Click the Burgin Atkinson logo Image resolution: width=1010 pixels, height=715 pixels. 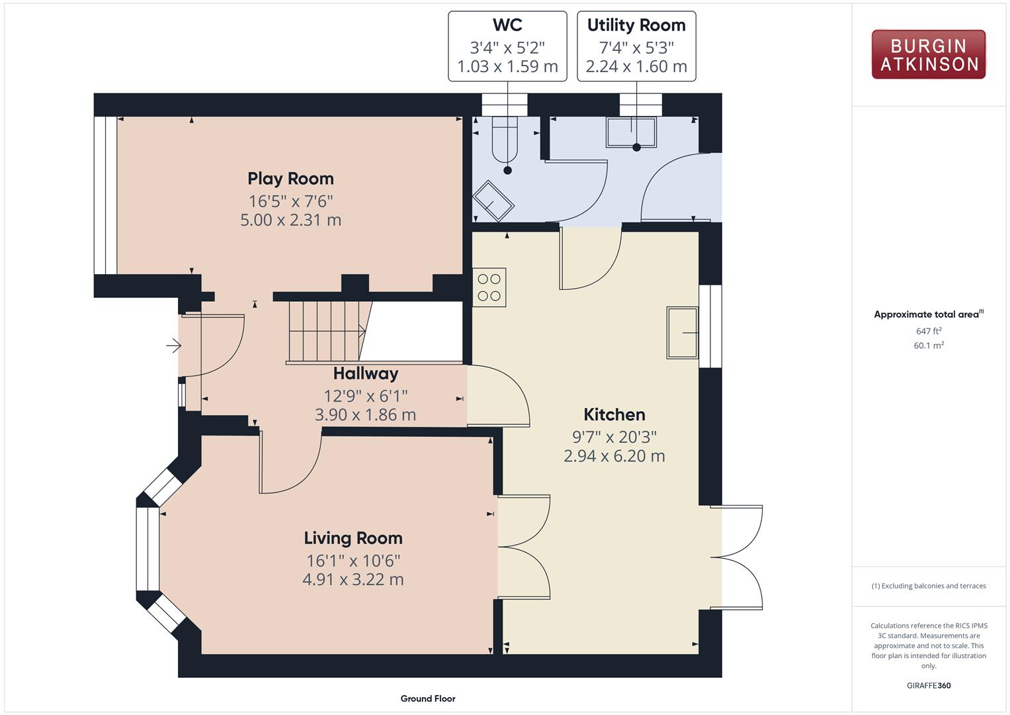click(928, 55)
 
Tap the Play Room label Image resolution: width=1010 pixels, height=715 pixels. click(290, 179)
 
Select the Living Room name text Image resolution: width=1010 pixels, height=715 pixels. click(353, 538)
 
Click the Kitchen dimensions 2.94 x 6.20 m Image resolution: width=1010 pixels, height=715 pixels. click(614, 456)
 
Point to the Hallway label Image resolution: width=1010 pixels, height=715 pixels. click(365, 373)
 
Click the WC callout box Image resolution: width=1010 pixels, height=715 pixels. click(507, 46)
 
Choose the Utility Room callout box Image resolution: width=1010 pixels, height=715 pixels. click(636, 46)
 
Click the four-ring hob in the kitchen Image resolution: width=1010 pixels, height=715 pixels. click(489, 287)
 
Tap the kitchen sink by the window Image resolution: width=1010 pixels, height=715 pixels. click(682, 333)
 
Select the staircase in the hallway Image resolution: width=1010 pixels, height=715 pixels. click(327, 331)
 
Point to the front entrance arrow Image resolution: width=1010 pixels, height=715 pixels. click(173, 345)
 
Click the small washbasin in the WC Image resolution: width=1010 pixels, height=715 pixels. click(493, 201)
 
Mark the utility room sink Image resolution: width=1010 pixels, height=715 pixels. click(631, 132)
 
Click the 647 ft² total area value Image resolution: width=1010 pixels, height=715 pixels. click(929, 331)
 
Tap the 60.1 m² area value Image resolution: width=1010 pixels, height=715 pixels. click(929, 346)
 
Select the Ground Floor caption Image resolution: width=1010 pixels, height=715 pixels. click(428, 698)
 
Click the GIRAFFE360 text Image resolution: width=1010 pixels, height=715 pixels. click(929, 685)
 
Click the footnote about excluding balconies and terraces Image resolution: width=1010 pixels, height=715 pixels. click(929, 586)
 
